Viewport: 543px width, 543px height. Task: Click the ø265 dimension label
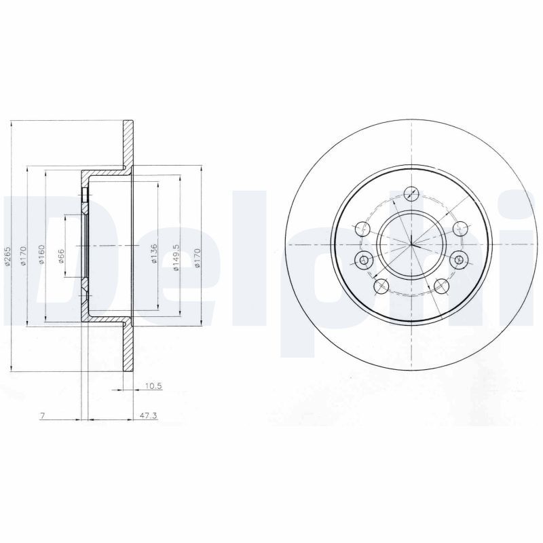(x=7, y=257)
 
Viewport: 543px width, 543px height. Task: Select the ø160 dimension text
(x=41, y=255)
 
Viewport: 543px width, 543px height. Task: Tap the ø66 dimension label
(x=61, y=257)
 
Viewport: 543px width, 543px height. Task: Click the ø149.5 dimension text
(x=176, y=258)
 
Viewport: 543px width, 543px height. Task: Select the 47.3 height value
(x=147, y=415)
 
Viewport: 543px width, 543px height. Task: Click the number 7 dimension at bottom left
(x=42, y=415)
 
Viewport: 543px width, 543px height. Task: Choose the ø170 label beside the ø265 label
(x=23, y=256)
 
